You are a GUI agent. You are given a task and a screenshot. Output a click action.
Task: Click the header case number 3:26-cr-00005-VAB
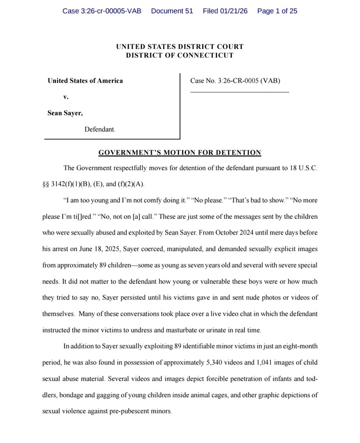click(x=102, y=11)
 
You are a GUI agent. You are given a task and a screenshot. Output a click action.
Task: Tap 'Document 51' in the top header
click(x=172, y=11)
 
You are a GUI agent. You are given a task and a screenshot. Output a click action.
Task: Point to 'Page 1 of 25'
click(x=277, y=11)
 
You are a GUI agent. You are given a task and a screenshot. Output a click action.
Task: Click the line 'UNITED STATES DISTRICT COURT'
click(x=180, y=47)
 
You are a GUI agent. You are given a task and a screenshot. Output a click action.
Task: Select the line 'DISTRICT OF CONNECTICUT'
click(x=180, y=55)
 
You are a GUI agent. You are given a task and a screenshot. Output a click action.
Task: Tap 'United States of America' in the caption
click(x=85, y=81)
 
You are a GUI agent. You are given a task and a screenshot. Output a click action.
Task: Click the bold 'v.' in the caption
click(x=66, y=97)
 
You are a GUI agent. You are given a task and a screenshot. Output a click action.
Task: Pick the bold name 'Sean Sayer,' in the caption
click(x=65, y=113)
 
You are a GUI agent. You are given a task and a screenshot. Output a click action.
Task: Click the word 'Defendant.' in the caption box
click(x=100, y=129)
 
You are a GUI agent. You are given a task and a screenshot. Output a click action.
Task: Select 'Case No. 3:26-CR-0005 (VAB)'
click(x=235, y=81)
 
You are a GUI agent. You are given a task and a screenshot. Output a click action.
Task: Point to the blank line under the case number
click(x=240, y=93)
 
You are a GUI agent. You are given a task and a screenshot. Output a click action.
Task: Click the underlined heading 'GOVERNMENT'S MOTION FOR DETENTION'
click(x=180, y=153)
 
